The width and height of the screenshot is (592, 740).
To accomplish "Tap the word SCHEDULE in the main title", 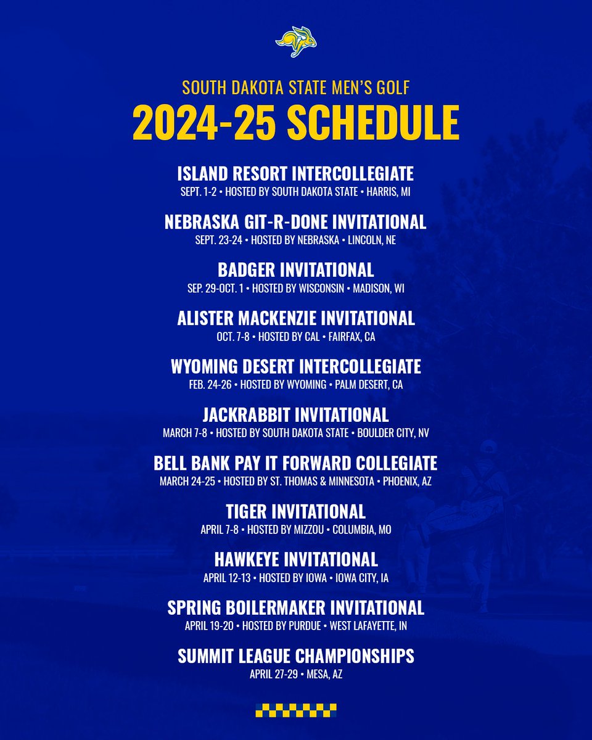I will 373,123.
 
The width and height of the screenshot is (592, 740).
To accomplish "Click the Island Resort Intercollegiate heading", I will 296,173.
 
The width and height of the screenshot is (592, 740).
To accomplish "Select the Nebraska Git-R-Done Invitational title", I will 296,221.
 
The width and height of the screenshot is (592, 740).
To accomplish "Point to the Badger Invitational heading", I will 296,269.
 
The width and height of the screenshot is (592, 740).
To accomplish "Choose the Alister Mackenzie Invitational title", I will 296,318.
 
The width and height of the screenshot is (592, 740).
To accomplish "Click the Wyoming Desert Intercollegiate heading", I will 296,366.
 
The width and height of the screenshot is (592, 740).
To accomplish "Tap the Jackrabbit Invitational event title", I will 296,414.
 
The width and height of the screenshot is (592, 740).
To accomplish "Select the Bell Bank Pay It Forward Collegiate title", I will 296,463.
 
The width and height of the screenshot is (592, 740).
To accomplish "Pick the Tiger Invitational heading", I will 296,511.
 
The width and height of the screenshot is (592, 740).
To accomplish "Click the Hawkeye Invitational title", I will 296,559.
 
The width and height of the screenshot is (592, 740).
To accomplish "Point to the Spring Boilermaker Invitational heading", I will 296,607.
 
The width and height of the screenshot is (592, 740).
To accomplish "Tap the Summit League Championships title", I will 296,656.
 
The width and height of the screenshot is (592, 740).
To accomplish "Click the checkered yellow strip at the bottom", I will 296,709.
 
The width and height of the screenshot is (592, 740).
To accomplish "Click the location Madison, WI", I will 378,289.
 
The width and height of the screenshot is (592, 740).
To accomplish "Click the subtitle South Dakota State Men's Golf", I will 296,88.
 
